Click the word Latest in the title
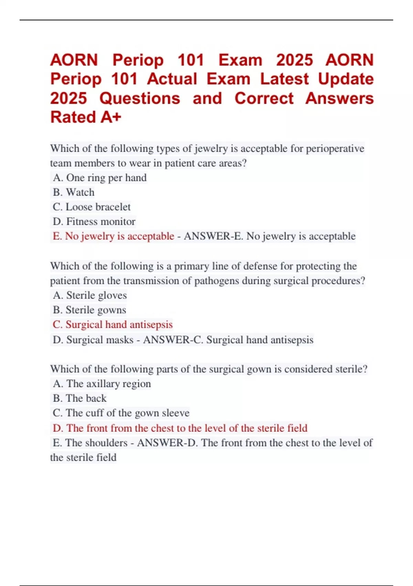coord(284,79)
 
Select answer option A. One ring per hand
coord(100,178)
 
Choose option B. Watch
coord(74,192)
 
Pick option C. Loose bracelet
coord(92,207)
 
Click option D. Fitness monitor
coord(94,221)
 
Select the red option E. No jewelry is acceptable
coord(114,236)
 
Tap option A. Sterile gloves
coord(90,295)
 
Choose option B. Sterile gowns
coord(89,310)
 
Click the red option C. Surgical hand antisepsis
coord(113,325)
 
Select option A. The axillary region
coord(102,384)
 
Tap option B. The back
coord(80,398)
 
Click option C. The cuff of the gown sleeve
coord(121,413)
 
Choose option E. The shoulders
coord(90,443)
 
